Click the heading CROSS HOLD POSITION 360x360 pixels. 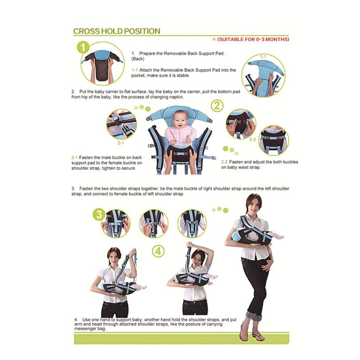pyautogui.click(x=117, y=31)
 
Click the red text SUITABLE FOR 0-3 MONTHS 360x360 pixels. pyautogui.click(x=253, y=40)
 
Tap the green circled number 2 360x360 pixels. pyautogui.click(x=217, y=106)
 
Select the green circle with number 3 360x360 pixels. pyautogui.click(x=99, y=214)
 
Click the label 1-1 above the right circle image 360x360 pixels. pyautogui.click(x=263, y=57)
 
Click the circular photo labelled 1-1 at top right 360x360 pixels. pyautogui.click(x=264, y=77)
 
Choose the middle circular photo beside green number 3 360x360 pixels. pyautogui.click(x=153, y=223)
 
